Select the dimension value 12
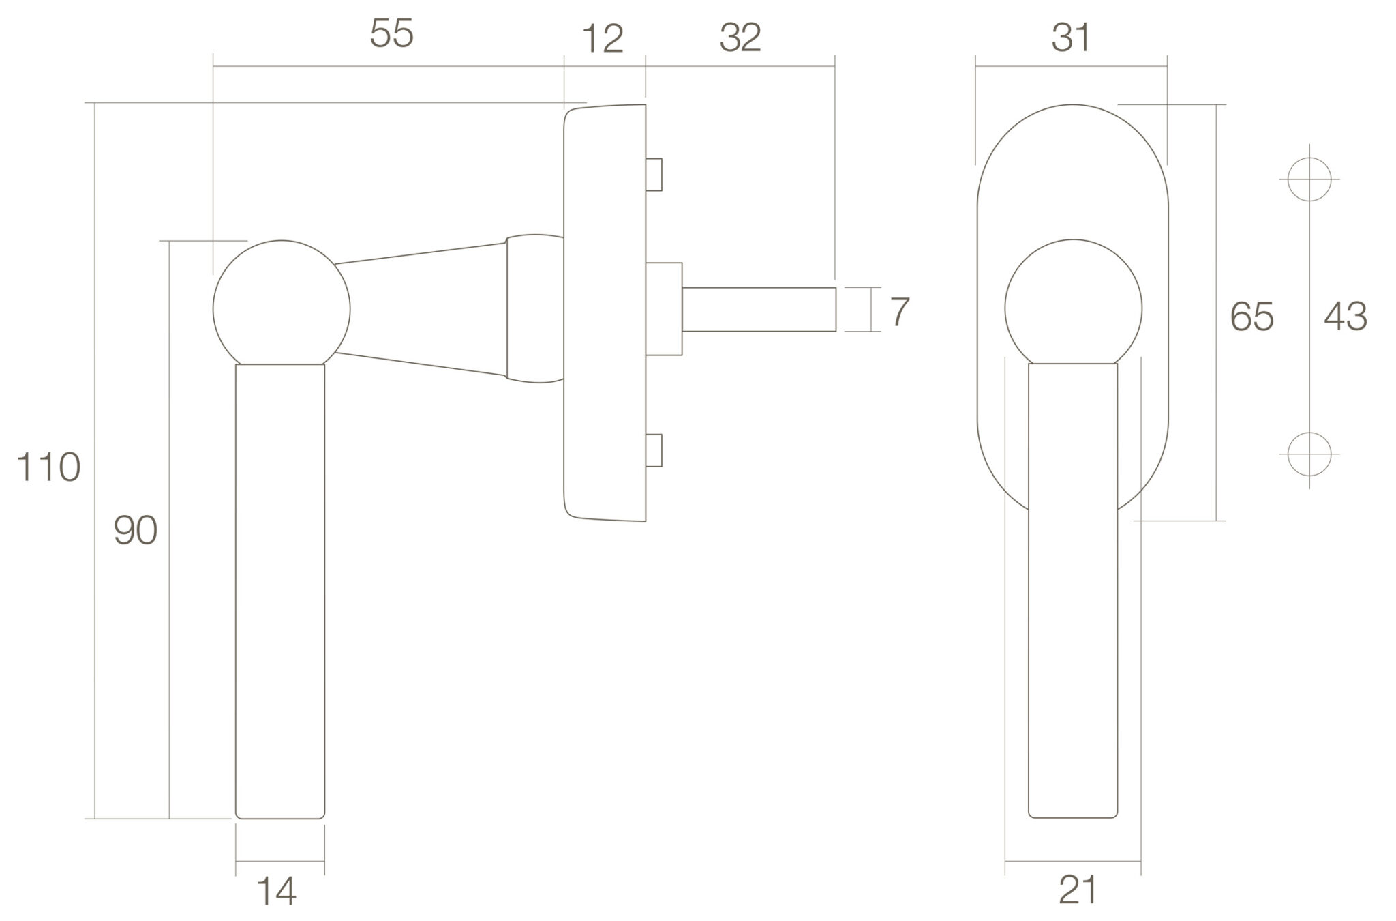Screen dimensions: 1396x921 (x=603, y=40)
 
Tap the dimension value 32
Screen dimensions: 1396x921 (x=740, y=38)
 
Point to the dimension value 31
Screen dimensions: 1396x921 (x=1071, y=38)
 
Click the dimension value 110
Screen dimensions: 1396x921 (x=48, y=468)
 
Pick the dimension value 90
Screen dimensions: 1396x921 (x=136, y=531)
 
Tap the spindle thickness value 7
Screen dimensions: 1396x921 (x=900, y=312)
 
